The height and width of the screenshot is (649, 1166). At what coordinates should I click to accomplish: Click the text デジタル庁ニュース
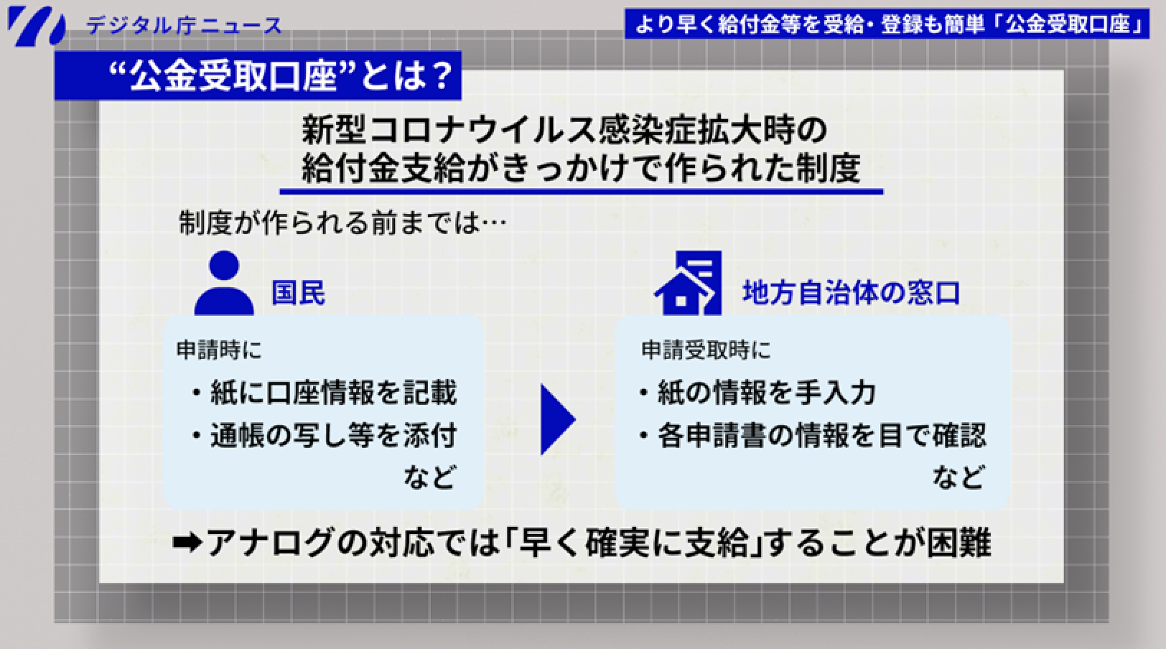[184, 27]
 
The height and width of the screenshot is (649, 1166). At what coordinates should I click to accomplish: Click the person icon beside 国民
[224, 283]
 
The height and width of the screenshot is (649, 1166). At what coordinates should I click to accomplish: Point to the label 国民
[298, 293]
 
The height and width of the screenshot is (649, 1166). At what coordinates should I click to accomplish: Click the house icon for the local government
[688, 283]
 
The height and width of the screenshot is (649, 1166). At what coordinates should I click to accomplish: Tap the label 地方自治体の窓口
[851, 293]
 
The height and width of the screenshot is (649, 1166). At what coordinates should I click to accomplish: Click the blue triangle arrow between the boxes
[556, 420]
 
